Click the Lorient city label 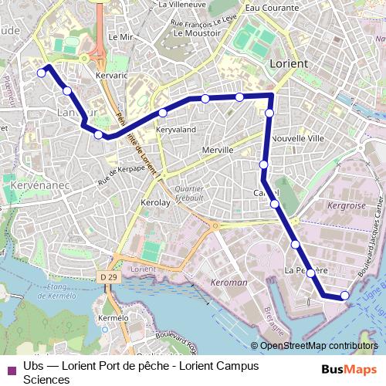coord(289,63)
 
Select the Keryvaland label coord(176,130)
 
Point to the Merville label coord(216,150)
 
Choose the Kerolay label coord(154,202)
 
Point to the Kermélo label coord(113,318)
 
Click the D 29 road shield coord(109,276)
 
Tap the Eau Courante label coord(272,7)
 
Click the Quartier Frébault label coord(189,193)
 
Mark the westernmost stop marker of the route coord(42,73)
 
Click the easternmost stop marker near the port coord(344,296)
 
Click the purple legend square coord(11,368)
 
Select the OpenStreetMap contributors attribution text coord(319,346)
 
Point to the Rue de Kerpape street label coord(121,175)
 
